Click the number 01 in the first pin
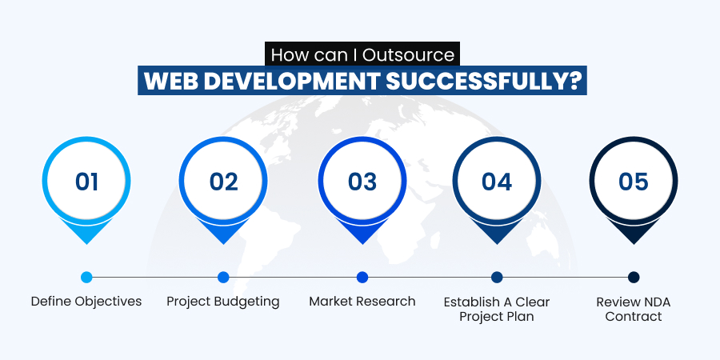coord(86,182)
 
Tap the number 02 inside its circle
coord(224,182)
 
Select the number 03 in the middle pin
coord(362,182)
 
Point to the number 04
coord(496,182)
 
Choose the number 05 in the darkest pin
coord(634,182)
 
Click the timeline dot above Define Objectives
coord(86,278)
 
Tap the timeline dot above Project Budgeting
coord(223,278)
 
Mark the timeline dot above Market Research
coord(362,278)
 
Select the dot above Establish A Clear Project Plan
coord(497,278)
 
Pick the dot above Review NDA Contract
coord(634,278)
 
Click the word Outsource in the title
coord(408,55)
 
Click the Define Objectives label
coord(86,302)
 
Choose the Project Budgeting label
coord(223,302)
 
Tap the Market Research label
coord(362,302)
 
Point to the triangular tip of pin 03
coord(362,244)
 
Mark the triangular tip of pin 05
coord(634,244)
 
